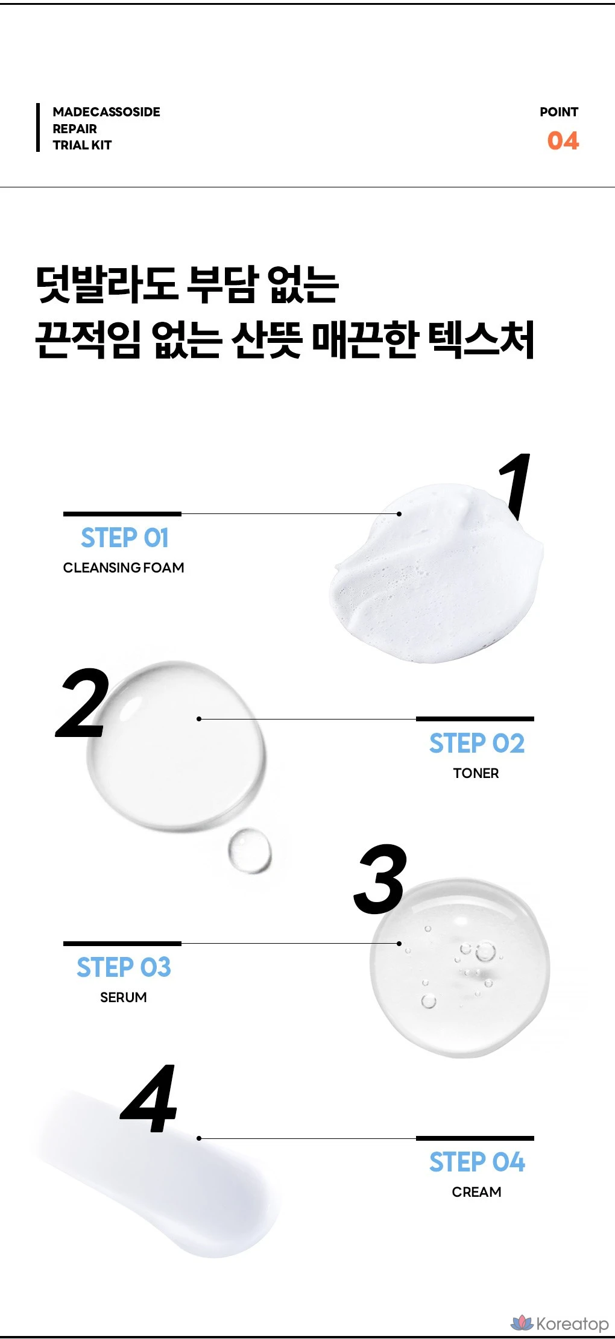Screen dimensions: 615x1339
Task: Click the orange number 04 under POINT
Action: [x=563, y=141]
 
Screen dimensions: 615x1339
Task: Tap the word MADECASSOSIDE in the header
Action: [x=107, y=112]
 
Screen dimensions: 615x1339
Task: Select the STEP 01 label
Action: [x=125, y=538]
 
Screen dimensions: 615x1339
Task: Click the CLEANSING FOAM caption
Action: [x=124, y=568]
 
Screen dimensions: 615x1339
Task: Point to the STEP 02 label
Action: [x=477, y=744]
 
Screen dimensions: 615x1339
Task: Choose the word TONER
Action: [x=476, y=773]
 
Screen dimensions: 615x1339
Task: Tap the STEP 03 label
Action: [x=124, y=968]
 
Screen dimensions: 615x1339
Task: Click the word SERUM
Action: [x=124, y=997]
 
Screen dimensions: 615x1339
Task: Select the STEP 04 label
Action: [x=477, y=1162]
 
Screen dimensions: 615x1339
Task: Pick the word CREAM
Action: [x=476, y=1192]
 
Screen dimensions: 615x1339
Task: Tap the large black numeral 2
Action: [x=83, y=703]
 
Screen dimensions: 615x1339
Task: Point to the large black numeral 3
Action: [x=380, y=879]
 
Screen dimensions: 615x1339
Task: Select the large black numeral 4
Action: [x=150, y=1099]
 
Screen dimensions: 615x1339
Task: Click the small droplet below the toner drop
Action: [x=250, y=850]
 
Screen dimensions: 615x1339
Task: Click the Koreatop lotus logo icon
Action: [x=522, y=1323]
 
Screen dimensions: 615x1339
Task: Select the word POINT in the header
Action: [x=559, y=112]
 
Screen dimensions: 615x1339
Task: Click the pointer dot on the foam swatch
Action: [x=399, y=514]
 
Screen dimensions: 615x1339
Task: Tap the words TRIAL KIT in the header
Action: [x=82, y=145]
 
